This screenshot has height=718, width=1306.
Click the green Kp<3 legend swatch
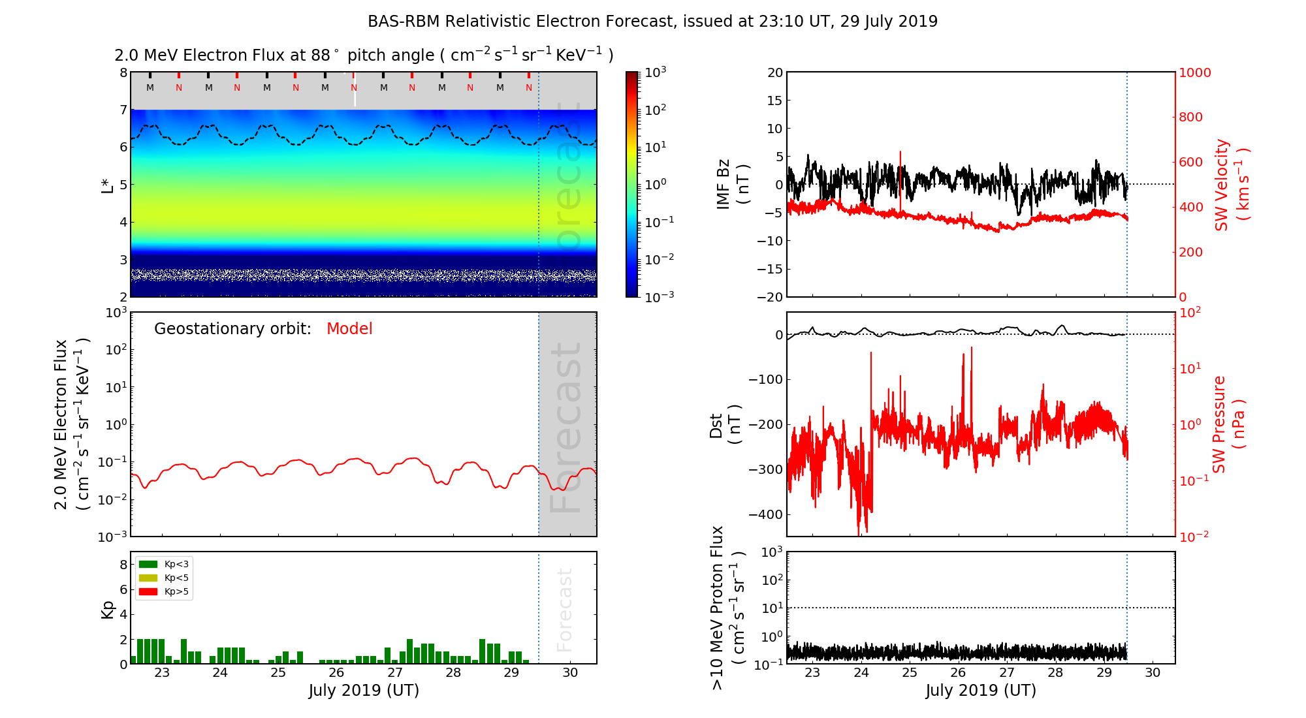tap(148, 564)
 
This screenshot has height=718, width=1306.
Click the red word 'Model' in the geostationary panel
tap(349, 329)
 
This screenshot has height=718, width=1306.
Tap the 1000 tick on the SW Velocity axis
tap(1194, 72)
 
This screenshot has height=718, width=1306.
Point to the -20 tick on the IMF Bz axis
tap(770, 297)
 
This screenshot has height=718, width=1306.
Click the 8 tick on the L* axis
tap(123, 72)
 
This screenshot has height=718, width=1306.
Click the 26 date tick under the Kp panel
tap(336, 673)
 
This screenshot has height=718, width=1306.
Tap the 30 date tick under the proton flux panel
tap(1153, 673)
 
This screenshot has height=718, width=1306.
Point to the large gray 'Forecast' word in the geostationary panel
tap(565, 428)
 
